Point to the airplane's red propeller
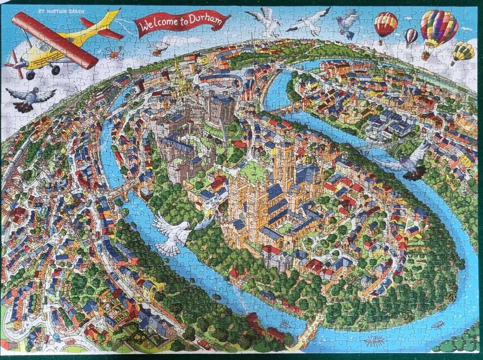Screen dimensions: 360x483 [14, 65]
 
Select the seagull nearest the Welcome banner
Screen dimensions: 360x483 [265, 21]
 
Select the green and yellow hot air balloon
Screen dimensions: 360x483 [463, 51]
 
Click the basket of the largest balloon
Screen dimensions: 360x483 [426, 56]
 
